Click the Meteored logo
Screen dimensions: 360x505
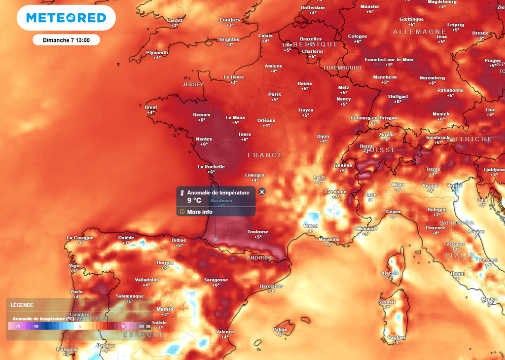66,18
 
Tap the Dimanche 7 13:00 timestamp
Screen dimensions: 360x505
66,40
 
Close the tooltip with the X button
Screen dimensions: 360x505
262,191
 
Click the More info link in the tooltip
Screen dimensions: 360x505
199,212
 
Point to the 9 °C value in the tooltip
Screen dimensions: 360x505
194,200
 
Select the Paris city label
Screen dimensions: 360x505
275,94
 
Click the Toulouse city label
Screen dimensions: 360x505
258,232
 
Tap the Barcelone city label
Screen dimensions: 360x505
272,286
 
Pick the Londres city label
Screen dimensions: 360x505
229,20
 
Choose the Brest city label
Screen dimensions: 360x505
151,107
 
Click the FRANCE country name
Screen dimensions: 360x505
265,155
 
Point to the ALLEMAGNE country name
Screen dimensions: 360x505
420,32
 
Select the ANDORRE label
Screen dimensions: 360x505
260,258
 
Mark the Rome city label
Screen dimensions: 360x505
458,274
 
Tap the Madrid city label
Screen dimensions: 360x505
165,309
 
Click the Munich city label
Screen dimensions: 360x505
441,114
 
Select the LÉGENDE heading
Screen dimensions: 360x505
22,305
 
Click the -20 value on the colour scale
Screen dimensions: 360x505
17,326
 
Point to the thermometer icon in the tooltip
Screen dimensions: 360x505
182,193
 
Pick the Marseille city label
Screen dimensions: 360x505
329,239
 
